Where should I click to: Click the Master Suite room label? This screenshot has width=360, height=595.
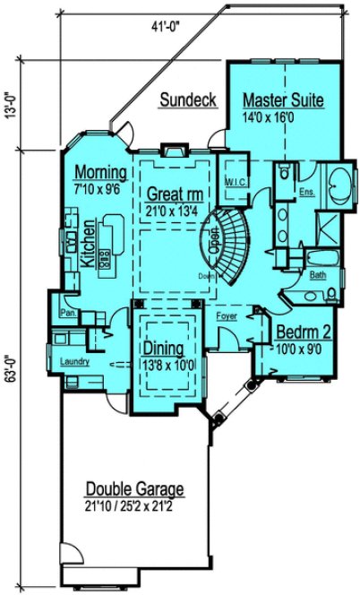pos(283,99)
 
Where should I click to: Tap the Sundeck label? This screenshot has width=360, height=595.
pos(187,100)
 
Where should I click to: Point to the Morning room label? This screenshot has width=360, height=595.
pos(99,170)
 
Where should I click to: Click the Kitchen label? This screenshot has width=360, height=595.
pos(88,243)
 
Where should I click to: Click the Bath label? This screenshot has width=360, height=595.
pos(317,276)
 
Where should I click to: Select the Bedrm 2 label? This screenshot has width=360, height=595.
pos(304,332)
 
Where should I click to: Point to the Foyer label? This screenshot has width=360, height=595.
pos(227,315)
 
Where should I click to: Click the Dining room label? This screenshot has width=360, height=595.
pos(163,349)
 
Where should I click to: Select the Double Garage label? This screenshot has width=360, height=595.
pos(135,489)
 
